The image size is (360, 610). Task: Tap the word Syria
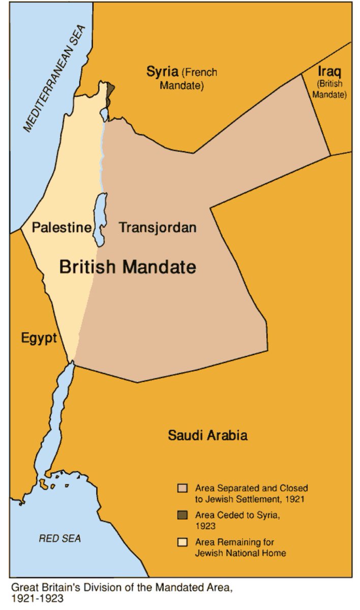click(162, 72)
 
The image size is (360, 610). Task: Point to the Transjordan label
click(158, 227)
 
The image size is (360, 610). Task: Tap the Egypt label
click(39, 338)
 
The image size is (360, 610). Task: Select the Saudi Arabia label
click(207, 436)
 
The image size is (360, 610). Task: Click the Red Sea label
click(59, 538)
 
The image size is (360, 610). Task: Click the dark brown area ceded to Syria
click(110, 89)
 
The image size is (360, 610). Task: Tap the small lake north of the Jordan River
click(104, 113)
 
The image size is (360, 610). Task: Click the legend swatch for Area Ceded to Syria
click(182, 515)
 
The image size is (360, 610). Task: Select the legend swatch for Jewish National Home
click(182, 542)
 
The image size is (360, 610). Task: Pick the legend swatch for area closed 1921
click(182, 488)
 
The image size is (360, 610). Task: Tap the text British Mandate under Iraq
click(330, 89)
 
